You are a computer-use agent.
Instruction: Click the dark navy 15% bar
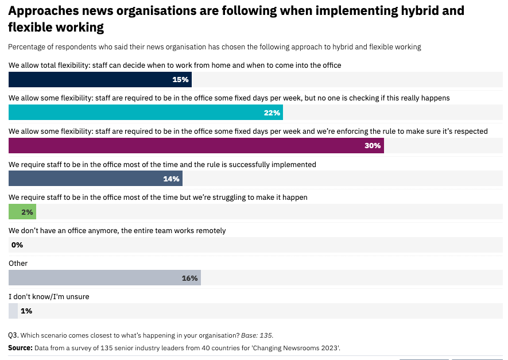(x=100, y=79)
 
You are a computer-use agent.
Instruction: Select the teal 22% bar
(x=145, y=113)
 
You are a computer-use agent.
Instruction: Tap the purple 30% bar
(x=196, y=145)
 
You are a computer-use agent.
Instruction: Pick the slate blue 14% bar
(x=95, y=179)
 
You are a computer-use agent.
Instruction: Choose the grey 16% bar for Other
(x=104, y=278)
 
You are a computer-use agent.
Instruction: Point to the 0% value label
(x=17, y=245)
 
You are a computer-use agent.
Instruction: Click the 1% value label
(x=26, y=311)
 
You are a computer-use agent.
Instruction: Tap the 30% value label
(x=372, y=145)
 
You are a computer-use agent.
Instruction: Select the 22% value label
(x=272, y=113)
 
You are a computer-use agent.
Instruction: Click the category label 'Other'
(x=18, y=264)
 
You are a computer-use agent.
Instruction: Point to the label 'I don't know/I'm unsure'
(x=49, y=297)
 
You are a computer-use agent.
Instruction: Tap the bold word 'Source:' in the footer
(x=20, y=348)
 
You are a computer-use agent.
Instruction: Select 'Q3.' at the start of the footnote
(x=14, y=335)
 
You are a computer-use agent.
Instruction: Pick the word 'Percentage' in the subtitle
(x=26, y=47)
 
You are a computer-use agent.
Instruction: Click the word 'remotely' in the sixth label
(x=209, y=231)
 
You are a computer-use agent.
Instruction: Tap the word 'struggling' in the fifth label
(x=227, y=198)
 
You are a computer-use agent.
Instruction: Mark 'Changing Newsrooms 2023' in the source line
(x=300, y=348)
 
